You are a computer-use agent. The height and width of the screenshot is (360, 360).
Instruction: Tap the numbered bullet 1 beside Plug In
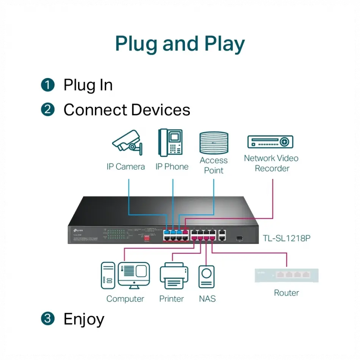(48, 85)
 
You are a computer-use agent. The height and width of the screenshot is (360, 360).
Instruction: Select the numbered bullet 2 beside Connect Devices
(48, 110)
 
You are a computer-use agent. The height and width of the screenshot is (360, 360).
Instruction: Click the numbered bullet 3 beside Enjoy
(48, 319)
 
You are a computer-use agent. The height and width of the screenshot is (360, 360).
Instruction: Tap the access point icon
(214, 143)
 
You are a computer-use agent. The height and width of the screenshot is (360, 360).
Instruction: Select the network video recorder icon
(270, 142)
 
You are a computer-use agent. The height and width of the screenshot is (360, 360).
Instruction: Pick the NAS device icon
(207, 277)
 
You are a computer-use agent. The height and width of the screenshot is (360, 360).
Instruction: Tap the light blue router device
(286, 275)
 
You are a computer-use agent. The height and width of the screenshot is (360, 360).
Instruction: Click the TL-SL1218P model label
(286, 238)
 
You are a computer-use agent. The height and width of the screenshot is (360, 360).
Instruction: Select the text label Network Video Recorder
(271, 163)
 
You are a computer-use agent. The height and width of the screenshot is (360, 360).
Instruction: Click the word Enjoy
(84, 319)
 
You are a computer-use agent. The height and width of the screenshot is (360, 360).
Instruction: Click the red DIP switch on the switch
(147, 238)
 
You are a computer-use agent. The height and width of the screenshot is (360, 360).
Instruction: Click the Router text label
(286, 293)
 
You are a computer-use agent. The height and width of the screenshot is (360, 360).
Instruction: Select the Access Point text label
(214, 165)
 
